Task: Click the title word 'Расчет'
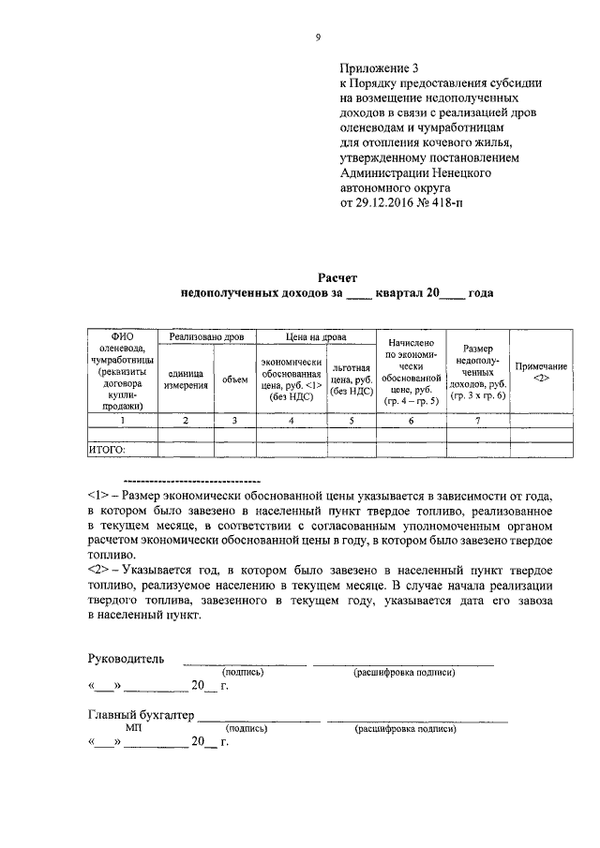(x=337, y=277)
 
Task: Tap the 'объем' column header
(x=234, y=379)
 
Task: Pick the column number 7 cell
(x=477, y=421)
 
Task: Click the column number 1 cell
(x=122, y=421)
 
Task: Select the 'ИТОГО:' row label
(x=107, y=450)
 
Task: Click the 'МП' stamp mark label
(x=132, y=728)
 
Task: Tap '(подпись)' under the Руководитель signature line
(x=243, y=672)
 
